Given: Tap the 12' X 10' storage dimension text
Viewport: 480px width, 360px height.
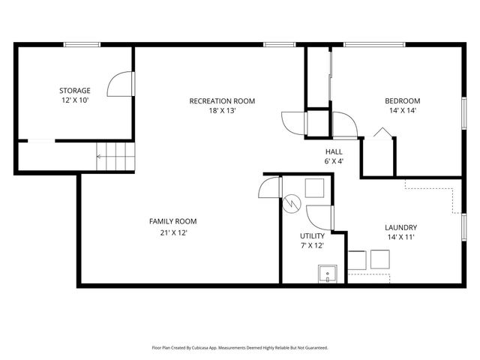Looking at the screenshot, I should click(x=75, y=99).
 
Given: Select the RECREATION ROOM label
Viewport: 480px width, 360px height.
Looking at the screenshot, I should click(x=222, y=101).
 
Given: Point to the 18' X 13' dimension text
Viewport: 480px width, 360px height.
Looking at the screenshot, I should click(x=222, y=111).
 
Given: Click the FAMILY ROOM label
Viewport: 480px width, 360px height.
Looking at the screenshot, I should click(x=172, y=221).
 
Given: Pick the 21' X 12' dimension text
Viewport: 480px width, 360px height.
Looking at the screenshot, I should click(x=172, y=232).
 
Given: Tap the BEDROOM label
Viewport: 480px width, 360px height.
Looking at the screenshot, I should click(x=403, y=101).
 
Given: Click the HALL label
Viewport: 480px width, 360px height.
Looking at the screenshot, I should click(x=334, y=151).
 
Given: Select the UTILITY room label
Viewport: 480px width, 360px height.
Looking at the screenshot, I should click(x=312, y=235).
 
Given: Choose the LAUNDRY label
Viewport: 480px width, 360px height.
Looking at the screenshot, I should click(x=400, y=227).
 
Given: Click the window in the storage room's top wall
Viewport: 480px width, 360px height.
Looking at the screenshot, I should click(x=82, y=45).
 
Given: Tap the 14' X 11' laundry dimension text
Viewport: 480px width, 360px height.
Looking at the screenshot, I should click(x=400, y=237).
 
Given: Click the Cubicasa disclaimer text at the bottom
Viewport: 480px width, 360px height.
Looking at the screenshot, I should click(x=240, y=348).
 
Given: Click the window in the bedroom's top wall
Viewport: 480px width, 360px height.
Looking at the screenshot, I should click(x=375, y=45).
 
